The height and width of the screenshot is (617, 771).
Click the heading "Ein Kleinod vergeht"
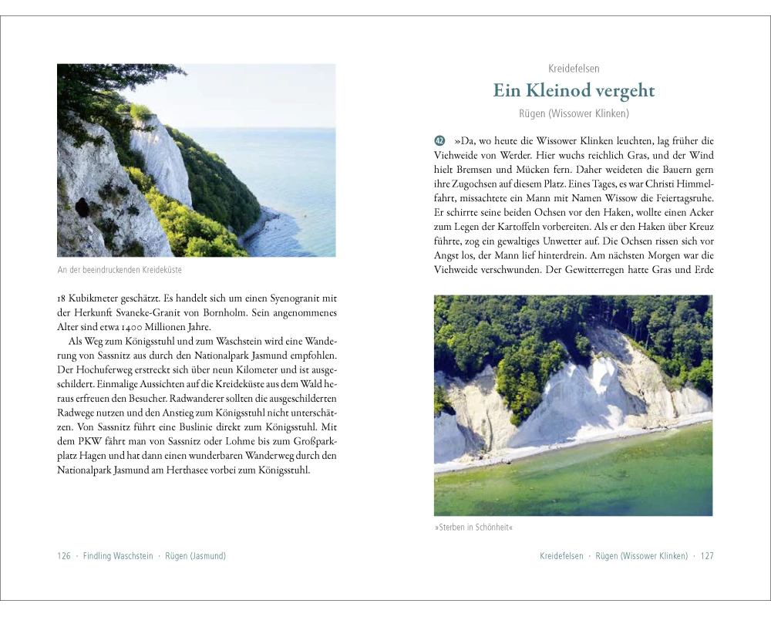pos(574,91)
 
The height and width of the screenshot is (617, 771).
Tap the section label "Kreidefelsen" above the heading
pos(574,69)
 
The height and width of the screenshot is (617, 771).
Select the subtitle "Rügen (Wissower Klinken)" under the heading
pos(574,114)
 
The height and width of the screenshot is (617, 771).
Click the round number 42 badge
pos(439,141)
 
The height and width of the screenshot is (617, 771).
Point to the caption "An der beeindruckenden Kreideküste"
pos(120,270)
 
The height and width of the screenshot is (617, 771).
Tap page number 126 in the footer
pos(64,556)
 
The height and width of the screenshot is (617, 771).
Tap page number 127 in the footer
pos(707,556)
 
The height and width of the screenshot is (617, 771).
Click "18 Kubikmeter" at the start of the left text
pos(91,298)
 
